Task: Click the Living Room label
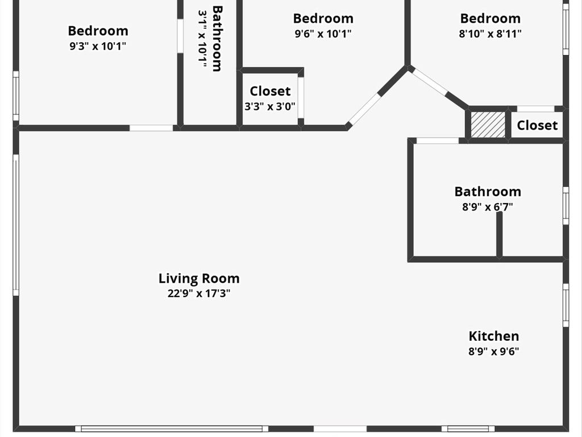coord(199,278)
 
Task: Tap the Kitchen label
coord(494,336)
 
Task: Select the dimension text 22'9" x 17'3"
coord(199,294)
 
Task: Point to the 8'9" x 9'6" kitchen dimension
coord(494,351)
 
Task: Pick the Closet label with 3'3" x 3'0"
coord(270,91)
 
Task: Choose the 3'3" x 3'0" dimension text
coord(270,106)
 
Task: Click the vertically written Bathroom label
coord(217,38)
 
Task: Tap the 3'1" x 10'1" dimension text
coord(202,39)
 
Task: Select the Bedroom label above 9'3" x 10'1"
coord(98,31)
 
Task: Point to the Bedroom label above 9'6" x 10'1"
coord(323,18)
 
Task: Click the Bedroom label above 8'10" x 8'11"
coord(490,18)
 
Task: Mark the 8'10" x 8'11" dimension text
coord(490,34)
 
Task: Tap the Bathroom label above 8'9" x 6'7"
coord(488,191)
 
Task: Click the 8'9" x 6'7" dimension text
coord(488,207)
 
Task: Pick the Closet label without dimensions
coord(537,125)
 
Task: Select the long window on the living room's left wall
coord(16,225)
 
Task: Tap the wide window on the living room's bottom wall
coord(172,429)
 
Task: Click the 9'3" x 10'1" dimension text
coord(98,47)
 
